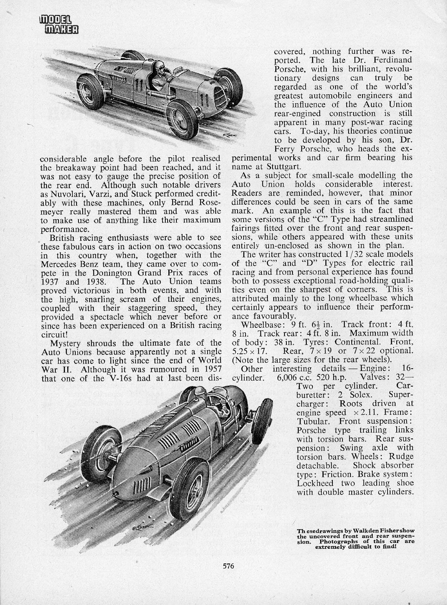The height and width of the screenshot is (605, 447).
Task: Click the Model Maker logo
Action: [x=59, y=24]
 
